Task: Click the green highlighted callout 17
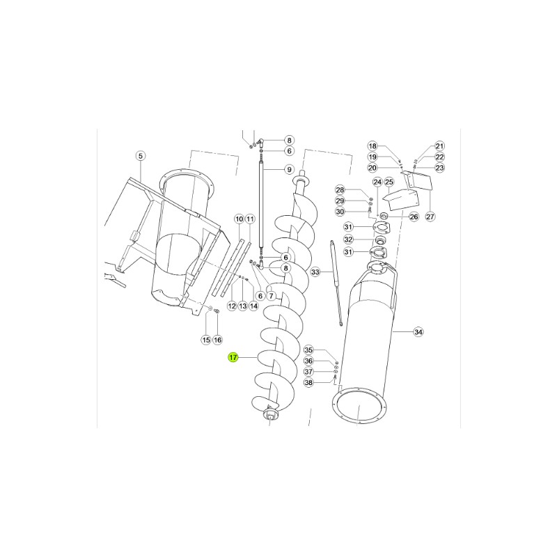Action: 233,357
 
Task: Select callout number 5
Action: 141,155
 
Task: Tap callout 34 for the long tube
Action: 418,332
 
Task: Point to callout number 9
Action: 289,169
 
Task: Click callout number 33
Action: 315,272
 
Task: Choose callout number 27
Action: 430,217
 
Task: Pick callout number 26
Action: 414,217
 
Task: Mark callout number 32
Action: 349,240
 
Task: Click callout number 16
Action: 217,340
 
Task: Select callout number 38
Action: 308,382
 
